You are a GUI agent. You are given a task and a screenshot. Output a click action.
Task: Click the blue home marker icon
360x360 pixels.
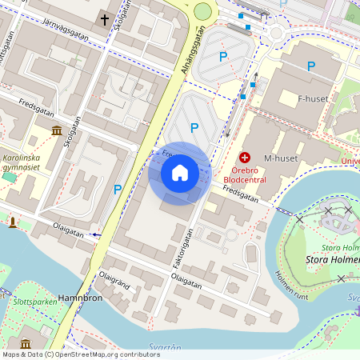pos(180,173)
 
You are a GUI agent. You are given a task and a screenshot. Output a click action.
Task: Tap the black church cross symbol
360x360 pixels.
pos(104,18)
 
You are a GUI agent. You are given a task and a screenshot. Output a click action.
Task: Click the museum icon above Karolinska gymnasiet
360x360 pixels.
pos(57,130)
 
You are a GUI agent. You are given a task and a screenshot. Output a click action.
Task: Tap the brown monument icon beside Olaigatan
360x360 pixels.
pos(12,222)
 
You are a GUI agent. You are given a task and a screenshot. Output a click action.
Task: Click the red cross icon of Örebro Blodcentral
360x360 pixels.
pos(245,158)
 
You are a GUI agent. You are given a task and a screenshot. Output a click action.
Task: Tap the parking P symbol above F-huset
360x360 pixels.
pos(311,66)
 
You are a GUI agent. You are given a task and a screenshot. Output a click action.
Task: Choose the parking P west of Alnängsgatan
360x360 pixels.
pos(118,189)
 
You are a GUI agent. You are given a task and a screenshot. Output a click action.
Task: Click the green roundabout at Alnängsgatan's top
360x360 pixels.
pos(202,11)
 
